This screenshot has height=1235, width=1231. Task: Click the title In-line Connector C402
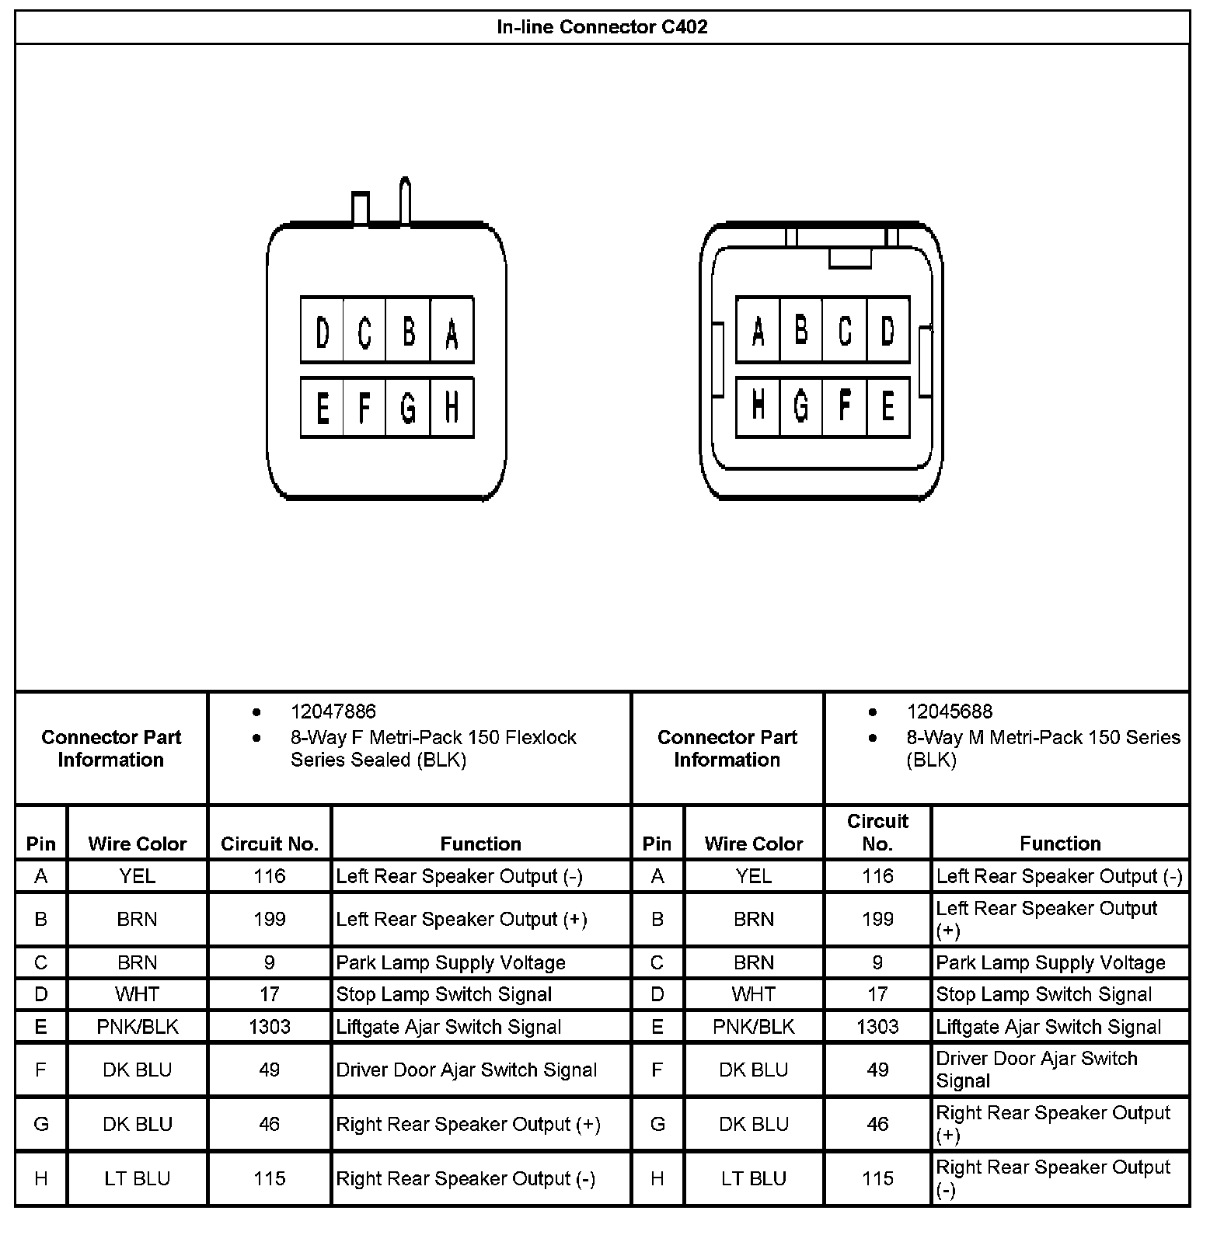tap(602, 27)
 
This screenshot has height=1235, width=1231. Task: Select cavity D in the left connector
tap(323, 331)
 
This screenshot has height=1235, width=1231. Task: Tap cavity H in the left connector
tap(452, 407)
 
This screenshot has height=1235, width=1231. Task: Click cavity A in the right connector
tap(758, 331)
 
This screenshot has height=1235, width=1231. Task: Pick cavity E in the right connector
tap(888, 407)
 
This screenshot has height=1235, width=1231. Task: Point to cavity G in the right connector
tap(800, 407)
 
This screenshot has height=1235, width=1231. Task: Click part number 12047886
tap(333, 711)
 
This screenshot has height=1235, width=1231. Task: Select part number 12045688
tap(949, 711)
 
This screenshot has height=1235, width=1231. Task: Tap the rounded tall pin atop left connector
tap(405, 200)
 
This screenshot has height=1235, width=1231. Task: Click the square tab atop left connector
tap(361, 208)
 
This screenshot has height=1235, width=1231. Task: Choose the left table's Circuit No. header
tap(270, 844)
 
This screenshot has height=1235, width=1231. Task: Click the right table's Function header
tap(1060, 844)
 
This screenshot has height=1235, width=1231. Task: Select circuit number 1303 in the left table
tap(270, 1027)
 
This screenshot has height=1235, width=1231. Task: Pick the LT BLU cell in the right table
tap(753, 1178)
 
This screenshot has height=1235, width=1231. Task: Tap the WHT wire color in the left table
tap(137, 994)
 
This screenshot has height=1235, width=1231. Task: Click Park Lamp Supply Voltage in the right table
tap(1050, 963)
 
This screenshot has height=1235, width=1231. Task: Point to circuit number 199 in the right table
tap(877, 919)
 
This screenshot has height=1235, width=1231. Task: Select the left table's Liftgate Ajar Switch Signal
tap(448, 1027)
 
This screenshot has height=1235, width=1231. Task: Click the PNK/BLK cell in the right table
tap(753, 1027)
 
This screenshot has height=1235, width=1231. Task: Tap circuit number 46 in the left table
tap(270, 1124)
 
